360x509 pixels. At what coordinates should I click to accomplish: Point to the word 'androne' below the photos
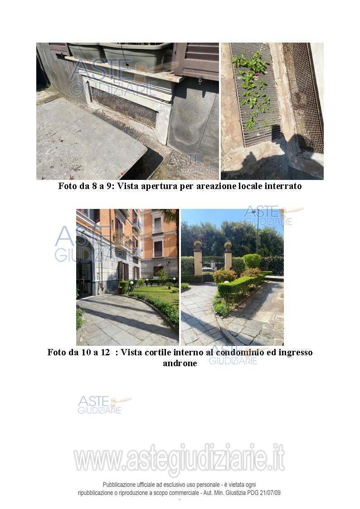(x=180, y=363)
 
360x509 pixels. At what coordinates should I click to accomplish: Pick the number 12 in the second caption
(x=105, y=352)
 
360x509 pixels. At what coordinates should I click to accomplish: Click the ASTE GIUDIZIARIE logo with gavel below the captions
(x=104, y=404)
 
